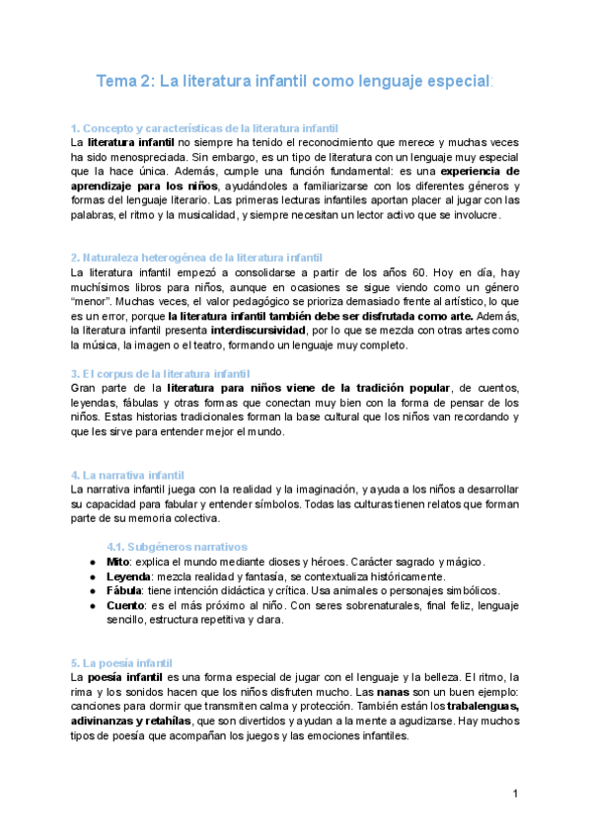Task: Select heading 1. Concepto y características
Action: pyautogui.click(x=204, y=128)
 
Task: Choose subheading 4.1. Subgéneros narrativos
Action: pyautogui.click(x=177, y=547)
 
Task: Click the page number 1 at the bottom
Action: pyautogui.click(x=515, y=795)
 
